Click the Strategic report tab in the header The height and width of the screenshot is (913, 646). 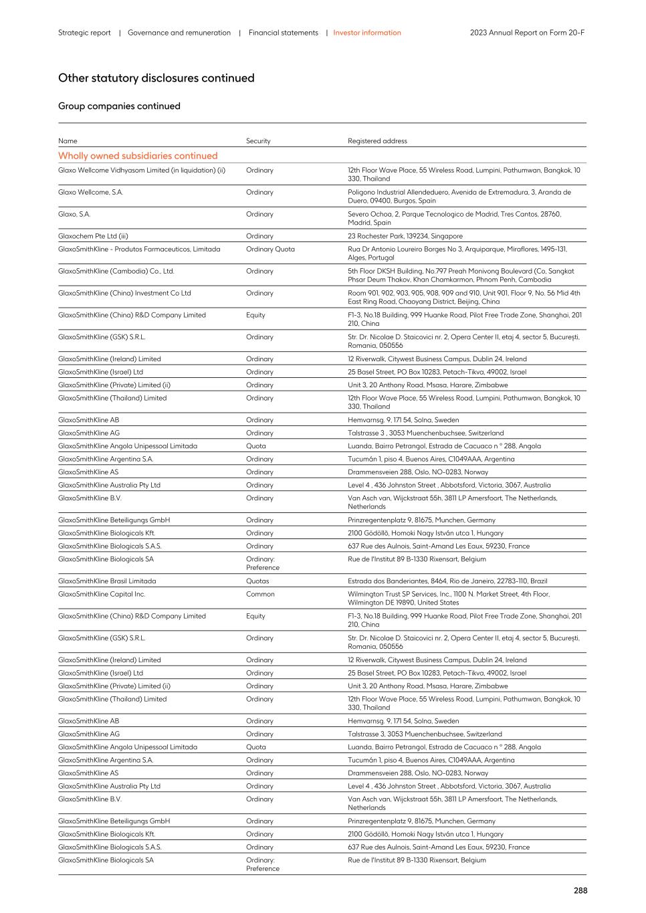(x=84, y=33)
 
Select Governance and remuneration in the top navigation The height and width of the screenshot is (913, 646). (x=179, y=33)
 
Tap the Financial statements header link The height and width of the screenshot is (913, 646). (x=283, y=33)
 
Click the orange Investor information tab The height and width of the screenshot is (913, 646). (x=367, y=33)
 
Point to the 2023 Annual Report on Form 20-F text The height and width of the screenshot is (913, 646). (x=527, y=33)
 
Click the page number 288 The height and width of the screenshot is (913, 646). (x=580, y=890)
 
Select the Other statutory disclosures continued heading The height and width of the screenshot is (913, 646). (x=156, y=78)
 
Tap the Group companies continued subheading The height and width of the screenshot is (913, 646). (x=119, y=106)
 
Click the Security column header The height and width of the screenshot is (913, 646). (x=258, y=141)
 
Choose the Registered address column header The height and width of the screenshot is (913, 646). (x=377, y=141)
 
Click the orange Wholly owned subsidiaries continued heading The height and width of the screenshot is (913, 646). (x=138, y=156)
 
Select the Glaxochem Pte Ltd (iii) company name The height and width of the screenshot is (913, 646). (x=93, y=236)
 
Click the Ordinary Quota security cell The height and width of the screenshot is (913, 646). (x=270, y=249)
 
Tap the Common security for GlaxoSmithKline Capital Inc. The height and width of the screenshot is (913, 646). (x=260, y=594)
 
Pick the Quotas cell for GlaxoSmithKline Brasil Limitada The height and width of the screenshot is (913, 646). (x=257, y=581)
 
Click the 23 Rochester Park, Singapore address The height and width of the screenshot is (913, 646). (x=405, y=236)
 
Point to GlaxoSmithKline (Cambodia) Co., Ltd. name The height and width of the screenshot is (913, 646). (x=116, y=272)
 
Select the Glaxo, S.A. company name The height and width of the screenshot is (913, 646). (x=74, y=215)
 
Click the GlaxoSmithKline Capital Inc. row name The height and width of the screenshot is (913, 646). (x=102, y=594)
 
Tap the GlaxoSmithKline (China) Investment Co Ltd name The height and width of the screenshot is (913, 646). (x=124, y=293)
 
